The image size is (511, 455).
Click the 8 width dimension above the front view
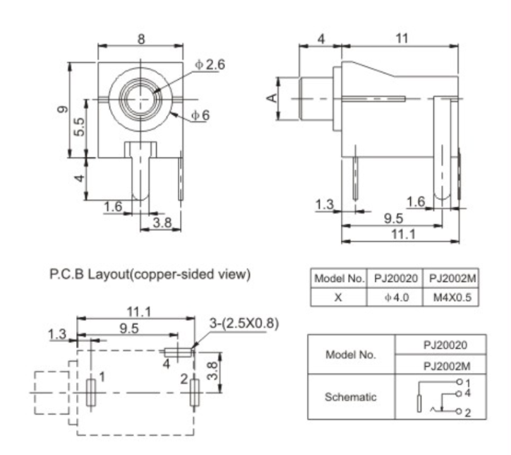[x=141, y=40]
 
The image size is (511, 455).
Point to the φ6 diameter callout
[x=202, y=115]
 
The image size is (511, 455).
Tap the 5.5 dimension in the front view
[x=79, y=128]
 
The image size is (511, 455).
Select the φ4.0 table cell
[x=395, y=297]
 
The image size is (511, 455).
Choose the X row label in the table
[x=338, y=297]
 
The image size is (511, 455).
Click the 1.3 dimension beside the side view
[x=324, y=204]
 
